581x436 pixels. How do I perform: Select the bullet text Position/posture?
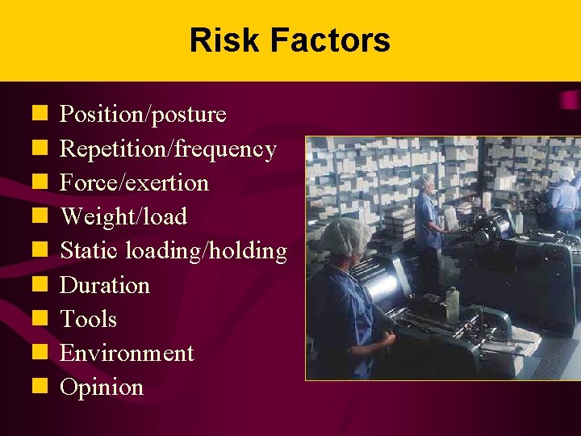(143, 115)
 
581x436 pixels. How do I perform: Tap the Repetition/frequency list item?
(168, 149)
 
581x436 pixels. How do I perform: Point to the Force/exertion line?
(134, 183)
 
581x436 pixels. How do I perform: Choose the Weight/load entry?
(123, 217)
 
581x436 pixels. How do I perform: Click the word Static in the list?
(90, 251)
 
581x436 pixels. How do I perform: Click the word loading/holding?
(206, 252)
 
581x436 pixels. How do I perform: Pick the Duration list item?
(105, 286)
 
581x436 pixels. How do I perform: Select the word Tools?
(89, 320)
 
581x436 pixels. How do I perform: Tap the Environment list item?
(127, 354)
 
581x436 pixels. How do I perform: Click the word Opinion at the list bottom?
(102, 388)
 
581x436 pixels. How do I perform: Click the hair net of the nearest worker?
(342, 236)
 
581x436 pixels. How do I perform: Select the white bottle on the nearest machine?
(453, 303)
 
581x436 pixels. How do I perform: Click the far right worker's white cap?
(566, 173)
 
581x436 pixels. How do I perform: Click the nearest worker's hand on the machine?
(389, 339)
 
